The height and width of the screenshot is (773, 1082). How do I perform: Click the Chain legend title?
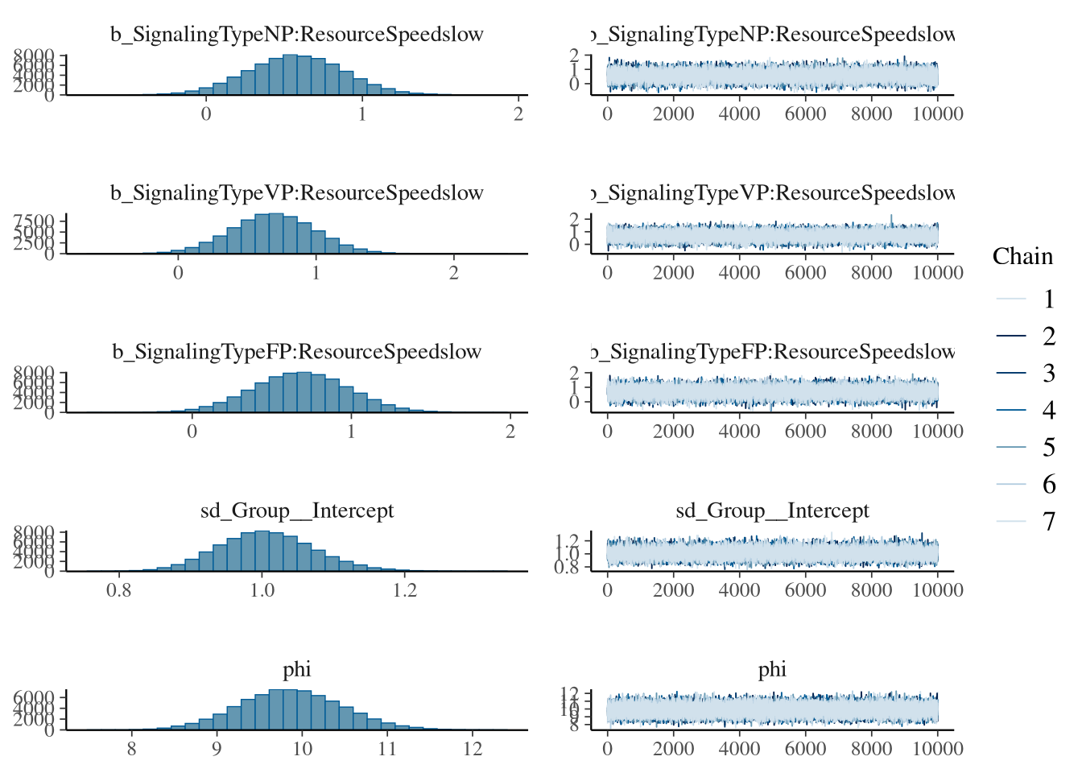[x=1022, y=256]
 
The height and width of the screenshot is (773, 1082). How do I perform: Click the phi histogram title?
[x=297, y=669]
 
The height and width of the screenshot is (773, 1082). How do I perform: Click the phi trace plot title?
[x=772, y=669]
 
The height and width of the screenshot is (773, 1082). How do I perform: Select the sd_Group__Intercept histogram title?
[x=297, y=511]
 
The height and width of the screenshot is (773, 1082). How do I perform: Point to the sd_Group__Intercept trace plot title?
[x=772, y=511]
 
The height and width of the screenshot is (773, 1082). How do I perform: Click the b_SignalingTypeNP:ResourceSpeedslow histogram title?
[x=297, y=35]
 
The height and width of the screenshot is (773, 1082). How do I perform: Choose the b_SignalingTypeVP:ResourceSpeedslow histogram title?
[x=297, y=193]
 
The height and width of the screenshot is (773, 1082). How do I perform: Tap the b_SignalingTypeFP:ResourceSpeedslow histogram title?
[x=297, y=352]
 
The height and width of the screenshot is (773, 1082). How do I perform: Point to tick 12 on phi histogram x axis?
[x=473, y=749]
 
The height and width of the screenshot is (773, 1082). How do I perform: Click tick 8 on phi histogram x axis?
[x=131, y=749]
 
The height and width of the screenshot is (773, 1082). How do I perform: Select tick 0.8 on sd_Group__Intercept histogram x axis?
[x=119, y=590]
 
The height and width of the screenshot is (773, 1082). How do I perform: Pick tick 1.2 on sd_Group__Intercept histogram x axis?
[x=405, y=590]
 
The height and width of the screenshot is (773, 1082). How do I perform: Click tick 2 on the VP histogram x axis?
[x=454, y=273]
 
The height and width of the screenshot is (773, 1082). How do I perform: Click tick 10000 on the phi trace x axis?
[x=938, y=749]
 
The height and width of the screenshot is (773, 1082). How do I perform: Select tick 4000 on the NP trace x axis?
[x=739, y=114]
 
